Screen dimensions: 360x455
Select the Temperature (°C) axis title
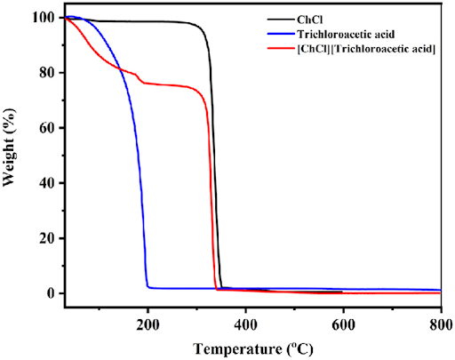click(252, 348)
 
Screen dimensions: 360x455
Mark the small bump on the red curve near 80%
click(136, 75)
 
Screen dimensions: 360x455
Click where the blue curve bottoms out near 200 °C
click(149, 287)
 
